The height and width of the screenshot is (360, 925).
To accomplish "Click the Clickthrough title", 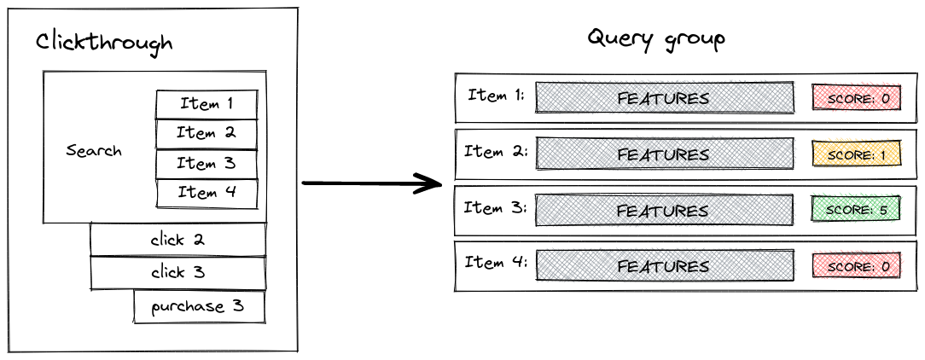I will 104,43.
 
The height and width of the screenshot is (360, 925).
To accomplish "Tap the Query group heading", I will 657,39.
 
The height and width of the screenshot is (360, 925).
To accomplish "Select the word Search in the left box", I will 94,151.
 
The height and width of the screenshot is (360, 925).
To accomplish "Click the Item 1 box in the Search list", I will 207,104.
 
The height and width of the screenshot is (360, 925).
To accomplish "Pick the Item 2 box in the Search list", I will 207,134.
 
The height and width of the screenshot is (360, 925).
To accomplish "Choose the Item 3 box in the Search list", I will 207,164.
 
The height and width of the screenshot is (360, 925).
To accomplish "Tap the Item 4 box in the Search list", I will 207,194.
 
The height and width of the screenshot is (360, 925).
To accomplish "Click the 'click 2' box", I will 177,240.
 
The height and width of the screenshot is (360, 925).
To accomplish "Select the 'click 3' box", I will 177,273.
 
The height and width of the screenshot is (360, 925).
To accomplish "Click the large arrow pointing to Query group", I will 371,183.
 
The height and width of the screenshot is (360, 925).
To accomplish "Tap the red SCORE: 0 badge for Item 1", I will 858,99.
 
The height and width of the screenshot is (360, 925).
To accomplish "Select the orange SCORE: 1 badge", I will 858,155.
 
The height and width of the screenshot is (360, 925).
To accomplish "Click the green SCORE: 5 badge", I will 858,211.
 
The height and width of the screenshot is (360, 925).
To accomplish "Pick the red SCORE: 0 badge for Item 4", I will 858,266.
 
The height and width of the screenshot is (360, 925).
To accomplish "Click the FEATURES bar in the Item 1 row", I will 663,99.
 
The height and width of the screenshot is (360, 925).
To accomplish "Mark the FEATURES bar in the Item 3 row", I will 663,211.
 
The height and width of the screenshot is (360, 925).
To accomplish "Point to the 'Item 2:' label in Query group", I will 496,152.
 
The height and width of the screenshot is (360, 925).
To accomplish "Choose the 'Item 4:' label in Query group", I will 496,263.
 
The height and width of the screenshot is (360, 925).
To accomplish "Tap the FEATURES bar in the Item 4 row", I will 663,266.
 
